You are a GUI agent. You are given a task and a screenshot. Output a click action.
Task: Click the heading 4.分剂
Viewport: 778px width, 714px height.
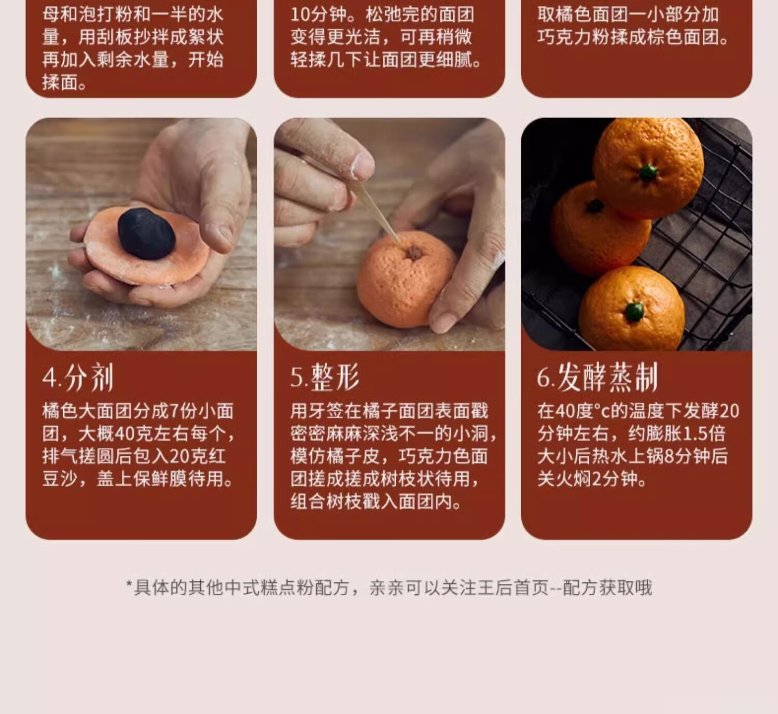coord(78,377)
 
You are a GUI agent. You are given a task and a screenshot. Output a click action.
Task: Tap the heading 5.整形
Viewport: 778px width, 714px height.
coord(325,377)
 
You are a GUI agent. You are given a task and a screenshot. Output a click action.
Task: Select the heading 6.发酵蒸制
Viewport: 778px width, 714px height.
coord(597,377)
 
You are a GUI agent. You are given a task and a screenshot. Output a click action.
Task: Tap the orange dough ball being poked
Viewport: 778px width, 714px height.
coord(405,283)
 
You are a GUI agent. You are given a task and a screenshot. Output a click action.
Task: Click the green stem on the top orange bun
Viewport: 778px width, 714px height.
coord(648,173)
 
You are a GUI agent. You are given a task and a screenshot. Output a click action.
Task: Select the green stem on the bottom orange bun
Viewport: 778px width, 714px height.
coord(635,311)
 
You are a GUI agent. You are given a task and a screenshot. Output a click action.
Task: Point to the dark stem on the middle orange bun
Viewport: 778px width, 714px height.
coord(594,206)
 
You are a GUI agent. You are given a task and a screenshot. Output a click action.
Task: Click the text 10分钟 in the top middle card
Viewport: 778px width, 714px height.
coord(317,14)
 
